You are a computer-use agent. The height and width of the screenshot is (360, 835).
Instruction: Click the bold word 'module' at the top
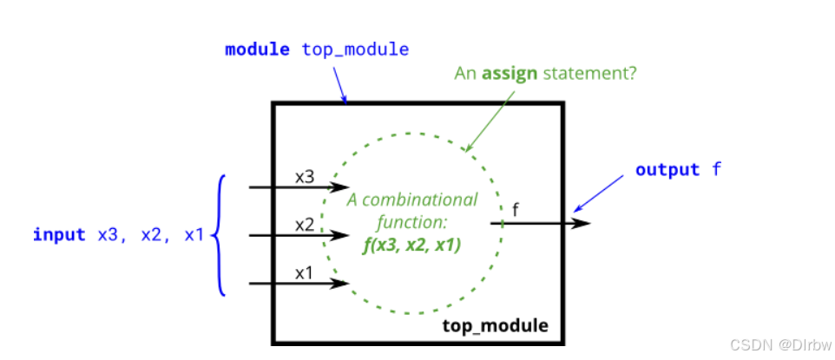click(257, 49)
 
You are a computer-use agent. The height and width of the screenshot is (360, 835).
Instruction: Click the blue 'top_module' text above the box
click(355, 49)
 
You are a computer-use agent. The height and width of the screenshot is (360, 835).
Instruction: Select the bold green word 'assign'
click(510, 73)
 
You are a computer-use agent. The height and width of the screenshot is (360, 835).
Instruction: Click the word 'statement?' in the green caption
click(590, 73)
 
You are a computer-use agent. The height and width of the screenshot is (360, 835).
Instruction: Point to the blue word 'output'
click(667, 169)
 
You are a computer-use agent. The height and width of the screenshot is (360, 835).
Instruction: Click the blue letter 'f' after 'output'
click(716, 169)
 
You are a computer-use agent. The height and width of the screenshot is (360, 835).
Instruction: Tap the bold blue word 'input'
click(59, 234)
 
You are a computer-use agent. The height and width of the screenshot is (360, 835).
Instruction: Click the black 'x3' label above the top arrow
click(305, 176)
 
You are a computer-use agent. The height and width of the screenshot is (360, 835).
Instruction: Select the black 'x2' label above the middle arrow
click(305, 224)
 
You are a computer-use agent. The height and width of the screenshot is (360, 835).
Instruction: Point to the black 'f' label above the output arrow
click(516, 208)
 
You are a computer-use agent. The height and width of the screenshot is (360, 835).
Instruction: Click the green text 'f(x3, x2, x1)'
click(411, 245)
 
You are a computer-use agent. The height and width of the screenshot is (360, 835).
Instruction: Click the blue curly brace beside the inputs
click(220, 234)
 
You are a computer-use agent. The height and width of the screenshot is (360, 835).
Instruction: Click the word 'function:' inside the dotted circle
click(411, 222)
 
